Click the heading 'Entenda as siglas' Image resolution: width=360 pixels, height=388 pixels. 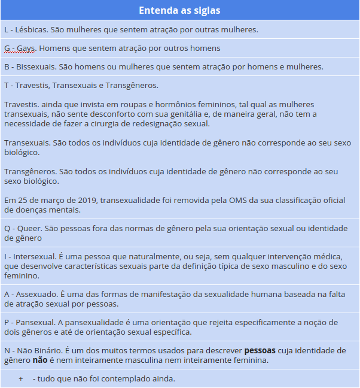(x=179, y=10)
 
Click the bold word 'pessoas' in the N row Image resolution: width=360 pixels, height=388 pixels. (x=260, y=350)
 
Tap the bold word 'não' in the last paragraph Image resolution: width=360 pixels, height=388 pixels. (x=40, y=360)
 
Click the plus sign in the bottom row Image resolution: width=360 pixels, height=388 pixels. (x=21, y=379)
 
